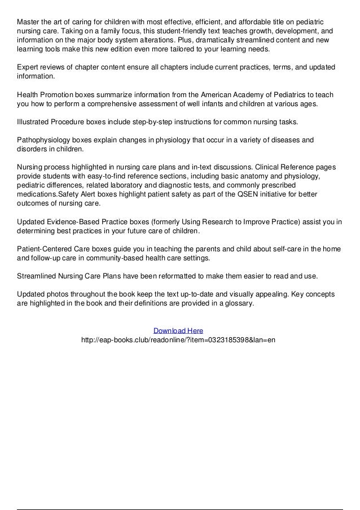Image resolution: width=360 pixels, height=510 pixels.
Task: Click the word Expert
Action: tap(29, 68)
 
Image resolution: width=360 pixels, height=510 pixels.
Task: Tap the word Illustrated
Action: tap(36, 122)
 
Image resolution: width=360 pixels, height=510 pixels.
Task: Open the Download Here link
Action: tap(178, 330)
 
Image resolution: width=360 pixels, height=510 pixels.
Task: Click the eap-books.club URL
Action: tap(178, 340)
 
